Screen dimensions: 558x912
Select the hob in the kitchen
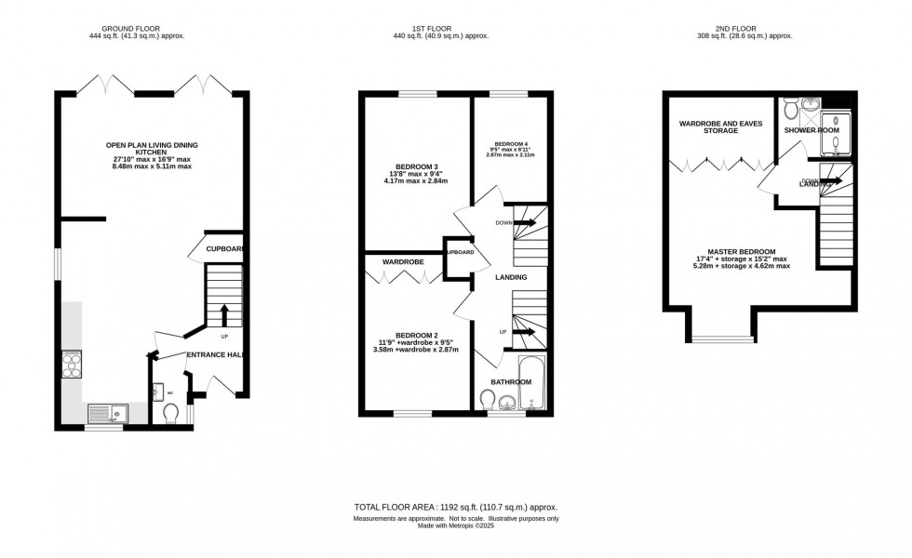coord(71,364)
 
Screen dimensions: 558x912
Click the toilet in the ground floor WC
coord(169,412)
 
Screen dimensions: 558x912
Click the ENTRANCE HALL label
coord(217,355)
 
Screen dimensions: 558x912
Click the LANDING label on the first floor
coord(511,277)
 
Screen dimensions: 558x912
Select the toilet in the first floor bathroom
coord(488,400)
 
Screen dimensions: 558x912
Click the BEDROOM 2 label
coord(416,335)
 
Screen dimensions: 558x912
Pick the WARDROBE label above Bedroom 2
coord(401,262)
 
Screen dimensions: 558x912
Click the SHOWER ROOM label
coord(811,131)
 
